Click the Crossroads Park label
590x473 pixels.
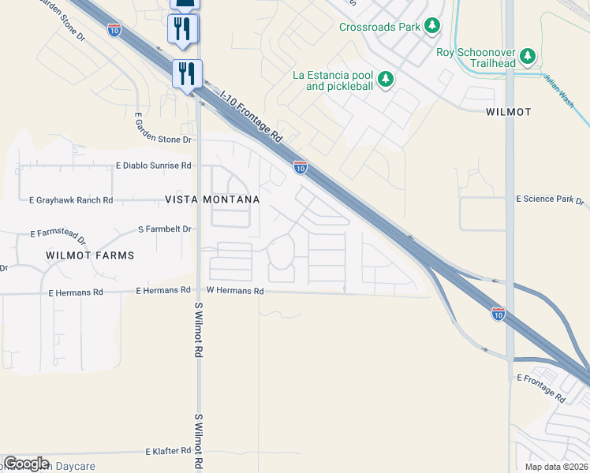click(x=379, y=27)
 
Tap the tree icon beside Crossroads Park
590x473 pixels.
click(x=432, y=27)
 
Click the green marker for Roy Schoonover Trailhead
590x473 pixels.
click(x=528, y=56)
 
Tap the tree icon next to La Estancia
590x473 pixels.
click(x=386, y=79)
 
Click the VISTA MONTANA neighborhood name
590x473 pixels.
click(x=212, y=200)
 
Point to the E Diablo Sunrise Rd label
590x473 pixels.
click(x=154, y=166)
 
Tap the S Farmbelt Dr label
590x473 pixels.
click(x=165, y=229)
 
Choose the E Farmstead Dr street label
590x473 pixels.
click(x=58, y=234)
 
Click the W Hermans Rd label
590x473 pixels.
click(x=235, y=291)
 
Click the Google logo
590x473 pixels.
click(x=26, y=464)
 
